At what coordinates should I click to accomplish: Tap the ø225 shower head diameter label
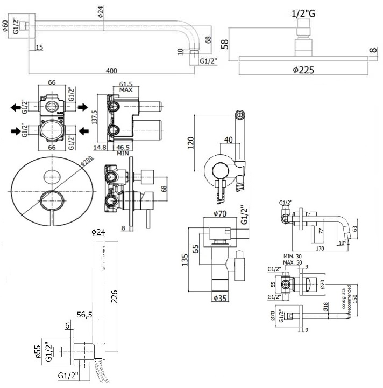pyautogui.click(x=303, y=70)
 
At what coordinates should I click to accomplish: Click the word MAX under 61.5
pyautogui.click(x=126, y=90)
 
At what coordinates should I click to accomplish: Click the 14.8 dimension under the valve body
pyautogui.click(x=99, y=147)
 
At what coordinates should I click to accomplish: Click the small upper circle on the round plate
pyautogui.click(x=52, y=175)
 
